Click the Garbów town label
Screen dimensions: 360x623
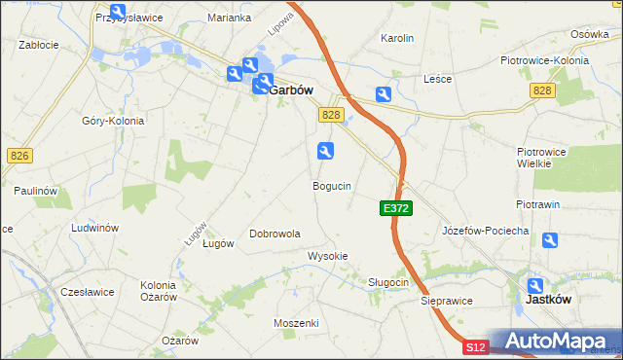(x=289, y=90)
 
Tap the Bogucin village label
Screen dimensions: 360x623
(x=331, y=185)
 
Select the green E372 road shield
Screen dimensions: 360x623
(x=396, y=208)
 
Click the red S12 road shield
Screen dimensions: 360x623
(x=474, y=346)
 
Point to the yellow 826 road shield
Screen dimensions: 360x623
(x=18, y=156)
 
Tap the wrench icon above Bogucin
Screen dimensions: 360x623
(x=325, y=150)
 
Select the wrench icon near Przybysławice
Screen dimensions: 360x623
(x=117, y=10)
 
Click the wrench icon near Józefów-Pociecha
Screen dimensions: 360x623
(x=551, y=240)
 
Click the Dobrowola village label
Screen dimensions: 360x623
(x=275, y=234)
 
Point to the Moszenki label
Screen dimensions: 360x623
(x=297, y=322)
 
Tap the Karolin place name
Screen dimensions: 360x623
(x=397, y=39)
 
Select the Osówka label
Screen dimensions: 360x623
(x=590, y=34)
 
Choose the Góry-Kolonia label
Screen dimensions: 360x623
(x=113, y=121)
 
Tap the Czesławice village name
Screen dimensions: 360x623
(x=88, y=292)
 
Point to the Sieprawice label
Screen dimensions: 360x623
(x=447, y=301)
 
